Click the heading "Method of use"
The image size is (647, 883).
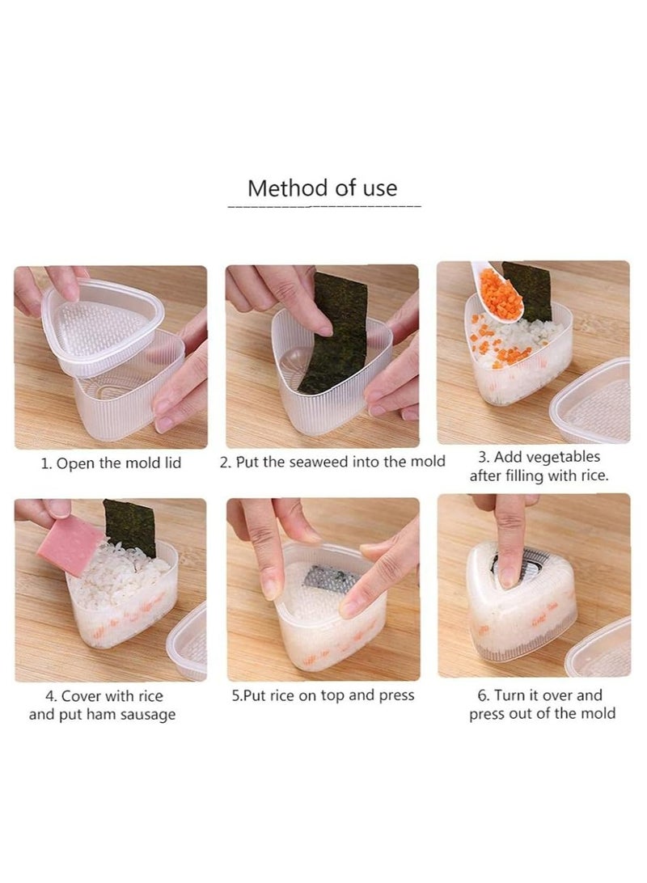coord(322,188)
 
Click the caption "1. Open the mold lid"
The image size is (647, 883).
coord(111,463)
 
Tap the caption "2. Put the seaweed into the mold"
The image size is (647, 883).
coord(332,463)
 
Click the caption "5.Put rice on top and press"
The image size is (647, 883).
coord(323,695)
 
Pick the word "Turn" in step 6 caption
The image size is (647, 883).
coord(510,695)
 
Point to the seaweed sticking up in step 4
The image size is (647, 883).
coord(130,526)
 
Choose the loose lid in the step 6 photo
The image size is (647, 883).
coord(600,649)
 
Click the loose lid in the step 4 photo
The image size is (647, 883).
coord(188,642)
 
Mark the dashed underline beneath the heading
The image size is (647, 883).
coord(324,207)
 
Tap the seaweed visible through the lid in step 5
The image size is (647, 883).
coord(324,578)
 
